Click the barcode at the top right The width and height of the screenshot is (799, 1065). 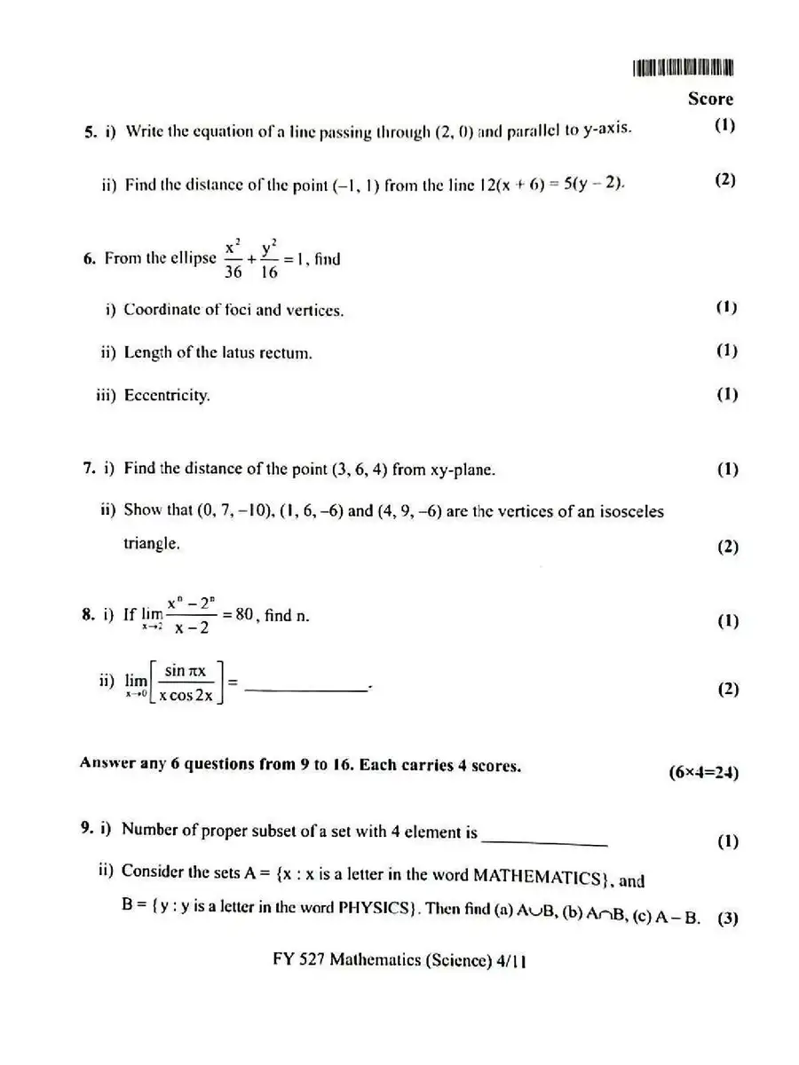(684, 68)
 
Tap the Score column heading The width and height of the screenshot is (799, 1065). (710, 99)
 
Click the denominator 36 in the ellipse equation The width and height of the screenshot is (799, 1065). (233, 273)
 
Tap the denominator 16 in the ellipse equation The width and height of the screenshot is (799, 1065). (269, 273)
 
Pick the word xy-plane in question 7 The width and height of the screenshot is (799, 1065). (461, 469)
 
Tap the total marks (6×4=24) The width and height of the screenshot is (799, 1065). (703, 771)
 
